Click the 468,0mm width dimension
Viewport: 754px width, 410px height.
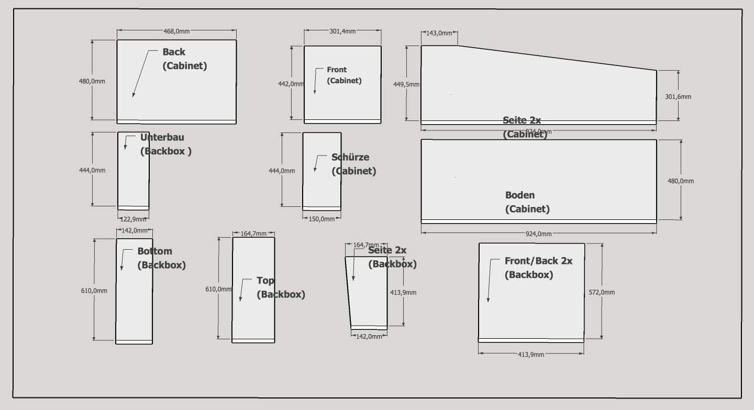pos(176,31)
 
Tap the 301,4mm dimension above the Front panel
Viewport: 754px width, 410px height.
pos(342,31)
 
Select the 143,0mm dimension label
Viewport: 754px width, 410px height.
pos(439,33)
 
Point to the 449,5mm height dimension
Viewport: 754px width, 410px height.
pos(406,84)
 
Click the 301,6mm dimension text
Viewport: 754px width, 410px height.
pos(678,97)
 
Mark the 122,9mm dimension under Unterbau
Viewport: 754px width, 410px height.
pos(134,219)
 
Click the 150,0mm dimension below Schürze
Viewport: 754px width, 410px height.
pos(321,219)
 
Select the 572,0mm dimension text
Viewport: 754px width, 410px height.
pos(602,293)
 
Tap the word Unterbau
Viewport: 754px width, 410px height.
pos(162,138)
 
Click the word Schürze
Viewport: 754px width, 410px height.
pos(350,157)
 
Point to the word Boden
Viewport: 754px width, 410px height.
pos(520,195)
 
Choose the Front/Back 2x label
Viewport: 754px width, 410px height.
pos(538,261)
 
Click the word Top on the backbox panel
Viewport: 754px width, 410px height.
pos(265,281)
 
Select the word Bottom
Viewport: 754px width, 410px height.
pos(154,251)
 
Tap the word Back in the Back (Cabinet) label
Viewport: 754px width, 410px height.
pos(174,52)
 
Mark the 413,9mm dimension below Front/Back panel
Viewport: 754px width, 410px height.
pos(531,354)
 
